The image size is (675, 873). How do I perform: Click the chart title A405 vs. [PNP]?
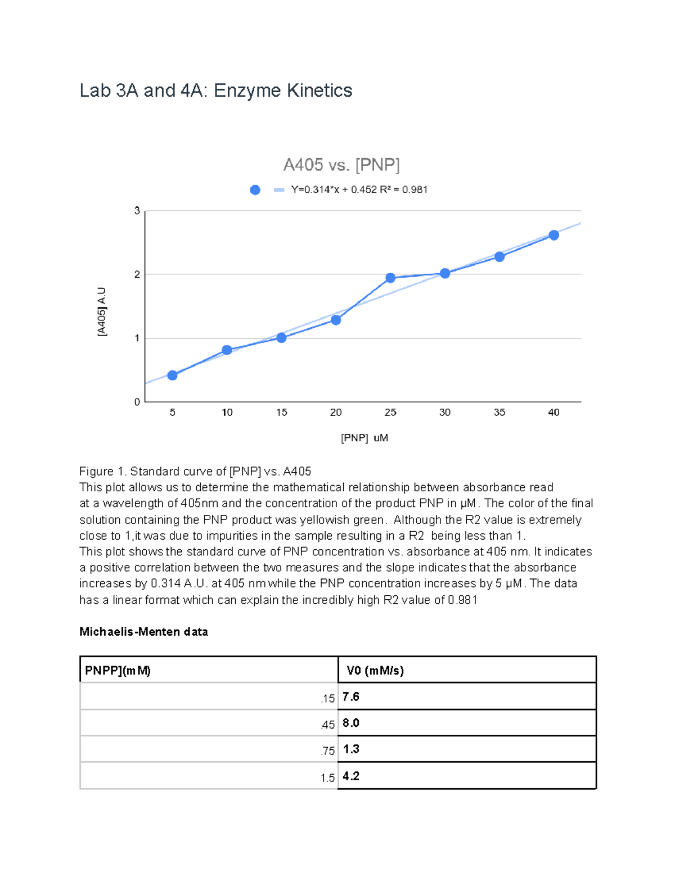pyautogui.click(x=341, y=165)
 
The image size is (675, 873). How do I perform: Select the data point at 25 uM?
pyautogui.click(x=390, y=278)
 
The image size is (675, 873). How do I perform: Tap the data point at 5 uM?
pyautogui.click(x=173, y=375)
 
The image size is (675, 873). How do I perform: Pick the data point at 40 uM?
pyautogui.click(x=553, y=235)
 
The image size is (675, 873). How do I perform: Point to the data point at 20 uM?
pyautogui.click(x=336, y=320)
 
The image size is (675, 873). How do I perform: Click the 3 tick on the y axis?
pyautogui.click(x=137, y=211)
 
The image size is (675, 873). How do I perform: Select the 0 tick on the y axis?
pyautogui.click(x=137, y=402)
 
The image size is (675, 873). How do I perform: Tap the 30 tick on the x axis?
pyautogui.click(x=444, y=413)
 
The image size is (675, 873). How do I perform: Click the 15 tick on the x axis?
pyautogui.click(x=281, y=413)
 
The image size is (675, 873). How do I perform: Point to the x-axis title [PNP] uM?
pyautogui.click(x=364, y=438)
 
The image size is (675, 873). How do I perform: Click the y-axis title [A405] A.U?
pyautogui.click(x=102, y=311)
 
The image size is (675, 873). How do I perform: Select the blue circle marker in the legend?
pyautogui.click(x=255, y=190)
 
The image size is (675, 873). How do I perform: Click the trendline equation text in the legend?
pyautogui.click(x=359, y=190)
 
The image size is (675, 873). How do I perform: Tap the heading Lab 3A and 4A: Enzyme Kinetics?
pyautogui.click(x=215, y=91)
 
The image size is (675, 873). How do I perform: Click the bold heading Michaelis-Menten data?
pyautogui.click(x=143, y=632)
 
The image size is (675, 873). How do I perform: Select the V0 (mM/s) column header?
pyautogui.click(x=375, y=670)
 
